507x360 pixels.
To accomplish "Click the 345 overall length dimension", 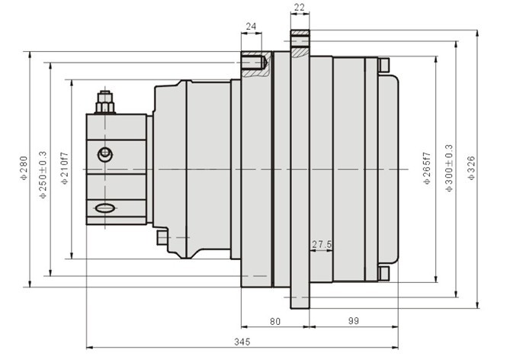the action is point(242,342).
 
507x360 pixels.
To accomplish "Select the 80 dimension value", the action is point(275,322).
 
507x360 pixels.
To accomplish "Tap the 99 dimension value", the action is point(354,321).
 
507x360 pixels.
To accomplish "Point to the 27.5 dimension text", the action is point(322,245).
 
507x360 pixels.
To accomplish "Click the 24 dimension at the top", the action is point(252,26).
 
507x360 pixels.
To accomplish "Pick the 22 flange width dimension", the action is point(300,7).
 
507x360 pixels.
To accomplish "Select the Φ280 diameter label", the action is point(24,168).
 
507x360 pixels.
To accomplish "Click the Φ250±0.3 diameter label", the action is point(43,175).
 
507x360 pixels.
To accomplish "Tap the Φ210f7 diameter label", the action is point(65,169).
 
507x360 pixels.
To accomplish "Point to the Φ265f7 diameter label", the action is point(427,169).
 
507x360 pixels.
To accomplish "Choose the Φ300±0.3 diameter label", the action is point(449,169).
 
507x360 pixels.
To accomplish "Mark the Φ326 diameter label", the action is point(471,168).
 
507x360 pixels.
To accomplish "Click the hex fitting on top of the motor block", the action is point(105,102).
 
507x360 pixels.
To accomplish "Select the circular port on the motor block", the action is point(105,154).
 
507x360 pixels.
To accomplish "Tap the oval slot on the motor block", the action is point(105,208).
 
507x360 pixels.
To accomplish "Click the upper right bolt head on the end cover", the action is point(383,65).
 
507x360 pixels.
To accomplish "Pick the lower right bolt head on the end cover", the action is point(383,274).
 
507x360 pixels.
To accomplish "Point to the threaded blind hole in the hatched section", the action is point(253,63).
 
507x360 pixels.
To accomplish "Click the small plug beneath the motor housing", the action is point(162,237).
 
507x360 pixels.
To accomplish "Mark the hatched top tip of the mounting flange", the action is point(300,32).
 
